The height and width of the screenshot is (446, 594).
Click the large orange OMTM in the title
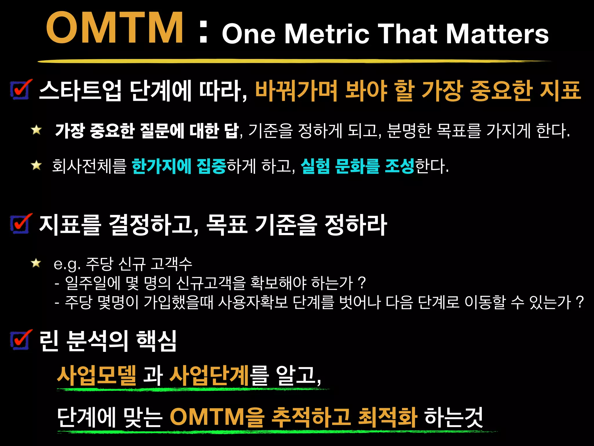114,28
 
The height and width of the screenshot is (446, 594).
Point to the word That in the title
407,34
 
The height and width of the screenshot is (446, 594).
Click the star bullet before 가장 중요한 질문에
37,130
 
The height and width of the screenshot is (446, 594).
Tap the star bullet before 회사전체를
37,165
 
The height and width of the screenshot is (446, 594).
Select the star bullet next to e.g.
36,263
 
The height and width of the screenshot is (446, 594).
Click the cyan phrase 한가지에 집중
179,166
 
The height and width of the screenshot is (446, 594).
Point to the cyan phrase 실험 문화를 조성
357,166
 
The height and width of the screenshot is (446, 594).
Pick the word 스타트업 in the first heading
80,91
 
